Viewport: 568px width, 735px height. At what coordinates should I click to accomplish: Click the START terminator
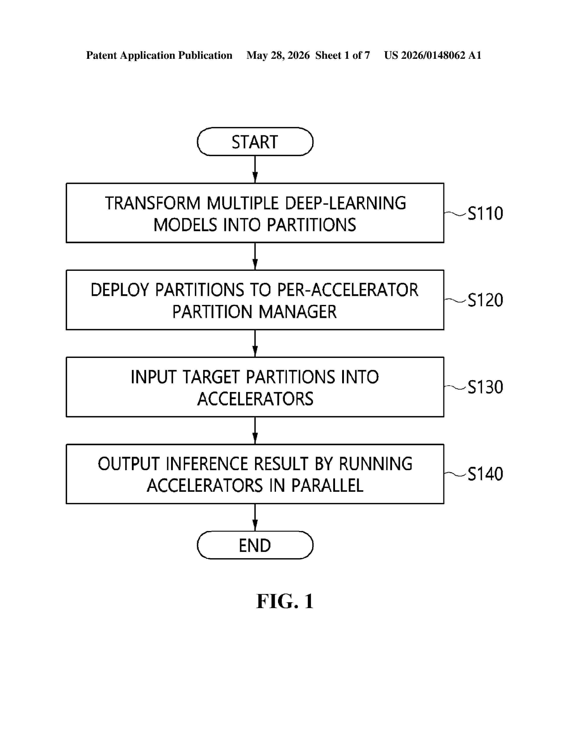tap(255, 142)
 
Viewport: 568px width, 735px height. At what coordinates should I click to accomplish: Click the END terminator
tap(255, 545)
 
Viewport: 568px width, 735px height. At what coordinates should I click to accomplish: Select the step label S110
tap(485, 213)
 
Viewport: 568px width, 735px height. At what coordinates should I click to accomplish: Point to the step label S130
tap(485, 387)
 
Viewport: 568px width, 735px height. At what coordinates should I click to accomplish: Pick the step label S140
tap(485, 474)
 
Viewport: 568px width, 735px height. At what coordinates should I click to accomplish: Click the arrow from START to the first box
tap(255, 169)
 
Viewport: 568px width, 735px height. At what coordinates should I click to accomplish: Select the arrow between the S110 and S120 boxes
tap(255, 256)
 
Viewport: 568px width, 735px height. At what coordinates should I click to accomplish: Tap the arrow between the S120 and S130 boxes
tap(255, 343)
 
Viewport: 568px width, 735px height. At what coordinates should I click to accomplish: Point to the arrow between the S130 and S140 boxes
tap(255, 431)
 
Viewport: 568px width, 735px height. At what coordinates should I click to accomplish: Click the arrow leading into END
tap(255, 517)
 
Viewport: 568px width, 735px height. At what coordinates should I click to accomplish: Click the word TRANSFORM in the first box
tap(153, 203)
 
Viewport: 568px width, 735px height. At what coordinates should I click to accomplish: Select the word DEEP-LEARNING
tap(345, 203)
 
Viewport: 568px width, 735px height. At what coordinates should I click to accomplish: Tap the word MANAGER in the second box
tap(298, 312)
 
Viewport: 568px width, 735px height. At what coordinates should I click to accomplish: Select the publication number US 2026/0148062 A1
tap(433, 55)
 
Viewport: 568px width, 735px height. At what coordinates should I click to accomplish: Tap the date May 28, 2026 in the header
tap(278, 55)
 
